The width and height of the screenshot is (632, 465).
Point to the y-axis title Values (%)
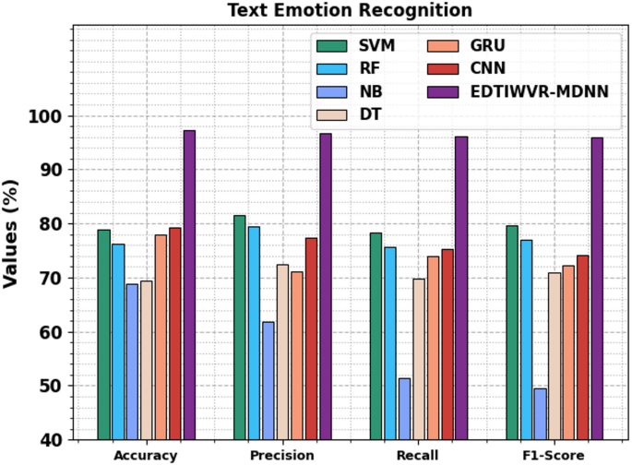coord(12,232)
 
